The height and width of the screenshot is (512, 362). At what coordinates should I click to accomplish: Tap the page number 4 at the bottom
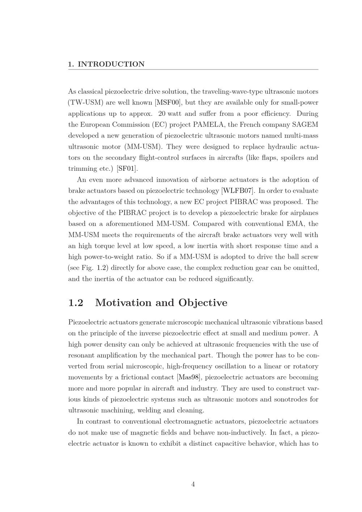[193, 485]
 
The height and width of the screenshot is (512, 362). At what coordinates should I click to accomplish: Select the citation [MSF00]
[168, 102]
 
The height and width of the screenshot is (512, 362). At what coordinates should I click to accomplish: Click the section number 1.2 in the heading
[76, 302]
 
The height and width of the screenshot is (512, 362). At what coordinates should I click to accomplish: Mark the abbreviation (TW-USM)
[85, 102]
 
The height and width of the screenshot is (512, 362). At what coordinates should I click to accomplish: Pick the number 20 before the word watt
[162, 114]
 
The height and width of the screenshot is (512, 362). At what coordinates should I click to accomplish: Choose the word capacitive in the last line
[222, 444]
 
